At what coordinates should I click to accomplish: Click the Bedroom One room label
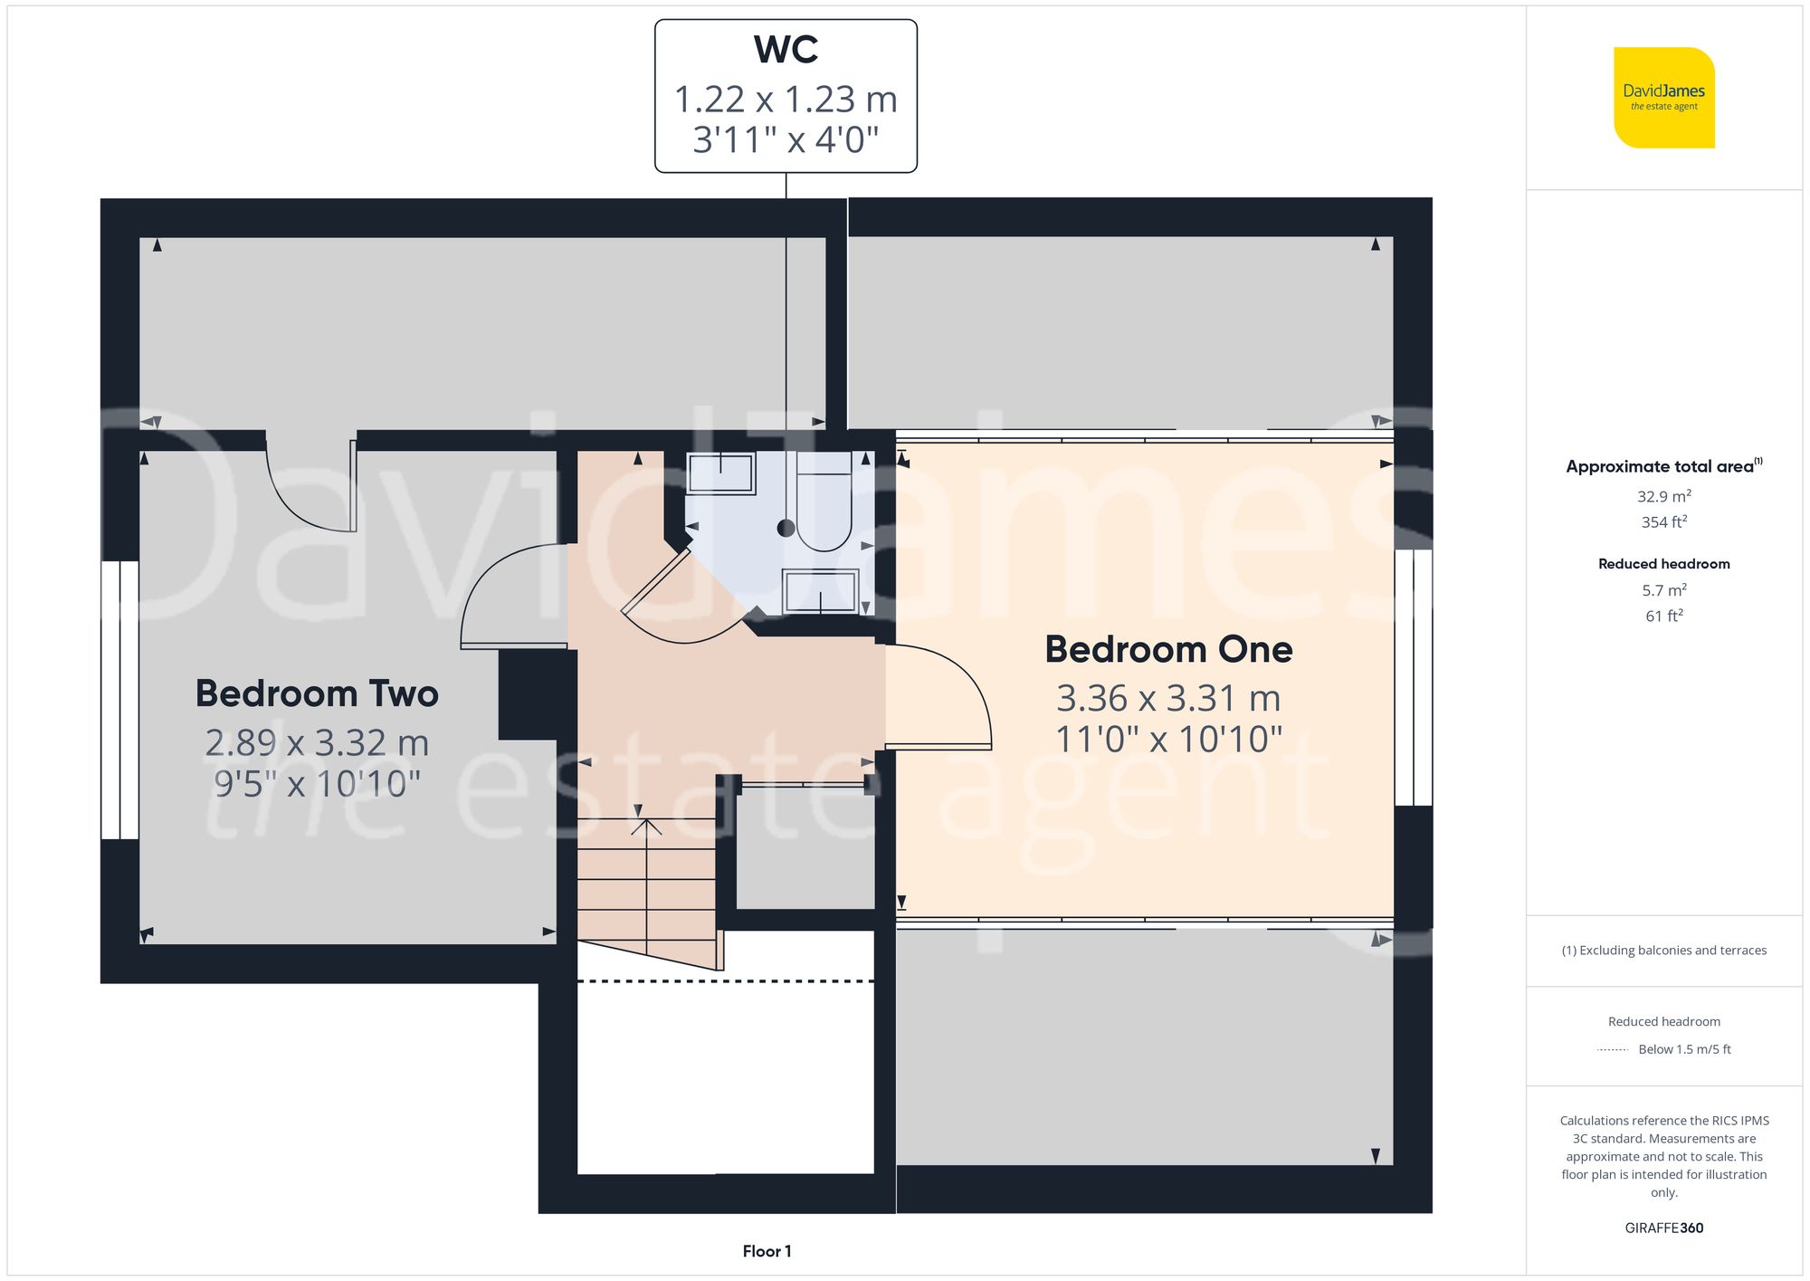coord(1168,650)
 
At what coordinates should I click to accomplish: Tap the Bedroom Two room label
coord(317,694)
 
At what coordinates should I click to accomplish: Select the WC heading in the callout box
coord(786,51)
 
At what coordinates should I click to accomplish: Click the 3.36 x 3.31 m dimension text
coord(1168,699)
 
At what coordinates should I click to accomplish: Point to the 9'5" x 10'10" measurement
coord(317,784)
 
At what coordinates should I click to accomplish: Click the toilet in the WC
coord(824,511)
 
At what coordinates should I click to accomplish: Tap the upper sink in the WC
coord(720,473)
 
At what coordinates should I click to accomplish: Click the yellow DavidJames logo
coord(1663,98)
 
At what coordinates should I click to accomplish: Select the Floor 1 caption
coord(767,1251)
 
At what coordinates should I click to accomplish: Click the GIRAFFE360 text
coord(1663,1228)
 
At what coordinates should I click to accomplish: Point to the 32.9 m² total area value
coord(1663,496)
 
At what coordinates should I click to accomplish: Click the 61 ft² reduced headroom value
coord(1663,617)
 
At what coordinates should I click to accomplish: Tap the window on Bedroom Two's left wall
coord(119,700)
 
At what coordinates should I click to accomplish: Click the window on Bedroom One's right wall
coord(1413,677)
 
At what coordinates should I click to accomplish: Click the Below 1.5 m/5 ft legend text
coord(1683,1050)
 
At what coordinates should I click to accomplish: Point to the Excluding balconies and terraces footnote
coord(1663,951)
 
